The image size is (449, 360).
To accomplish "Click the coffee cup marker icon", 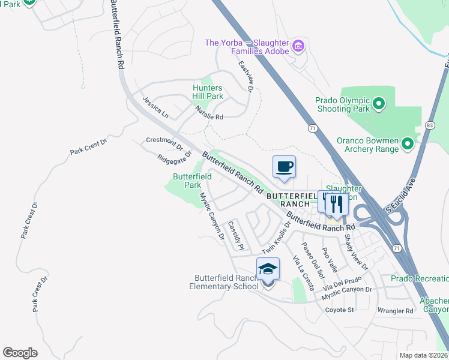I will pos(284,166).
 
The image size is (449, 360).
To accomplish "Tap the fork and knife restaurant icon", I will pos(337,203).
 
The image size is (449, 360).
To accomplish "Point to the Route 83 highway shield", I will pos(429,125).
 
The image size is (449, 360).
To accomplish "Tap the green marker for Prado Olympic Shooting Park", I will pos(378,104).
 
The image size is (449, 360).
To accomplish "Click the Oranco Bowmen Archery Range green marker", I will pos(408,143).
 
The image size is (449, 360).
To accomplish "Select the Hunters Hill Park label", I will pos(208,92).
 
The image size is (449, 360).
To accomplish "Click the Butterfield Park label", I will pos(192,181).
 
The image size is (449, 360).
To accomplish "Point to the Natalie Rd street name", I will pos(209,113).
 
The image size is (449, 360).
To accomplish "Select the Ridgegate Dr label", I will pos(173,157).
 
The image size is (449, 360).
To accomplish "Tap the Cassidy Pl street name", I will pos(235,236).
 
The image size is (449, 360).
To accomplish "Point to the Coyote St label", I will pos(340,310).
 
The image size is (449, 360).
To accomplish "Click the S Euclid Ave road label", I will pos(400,199).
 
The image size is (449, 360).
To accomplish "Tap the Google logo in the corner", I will pos(20,352).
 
